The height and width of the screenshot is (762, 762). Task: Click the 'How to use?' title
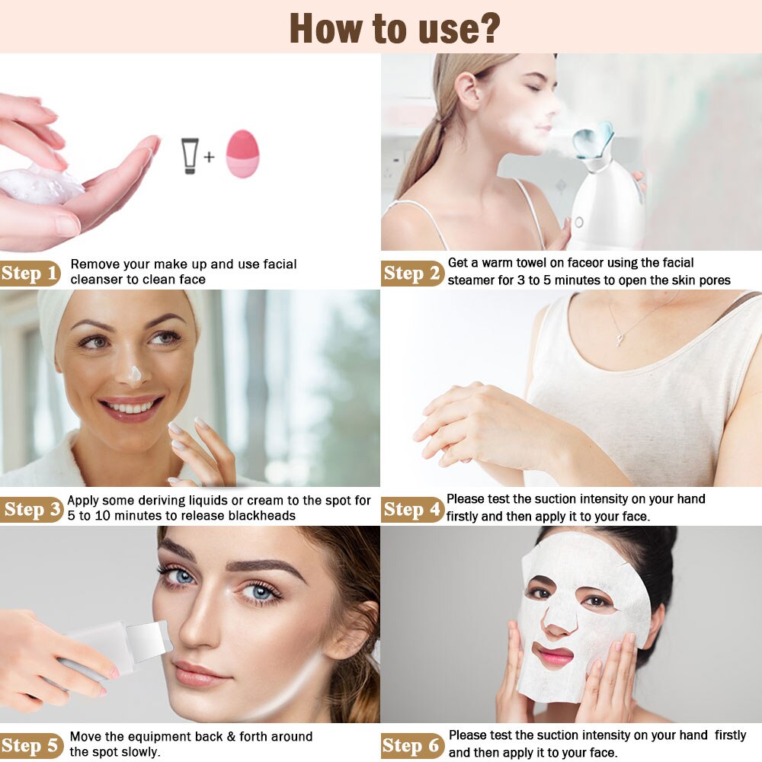[x=394, y=27]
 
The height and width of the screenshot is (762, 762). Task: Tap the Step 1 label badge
[x=30, y=272]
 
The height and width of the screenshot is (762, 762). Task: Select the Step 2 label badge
[x=412, y=272]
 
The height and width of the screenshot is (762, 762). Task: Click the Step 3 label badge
[x=32, y=508]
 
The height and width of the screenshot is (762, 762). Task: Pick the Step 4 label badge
[x=412, y=508]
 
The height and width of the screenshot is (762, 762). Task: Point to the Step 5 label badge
[x=31, y=744]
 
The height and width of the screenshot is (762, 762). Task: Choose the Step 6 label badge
[x=412, y=744]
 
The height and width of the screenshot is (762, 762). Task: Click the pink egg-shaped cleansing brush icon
[x=242, y=153]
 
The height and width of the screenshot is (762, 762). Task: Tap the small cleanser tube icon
[x=190, y=155]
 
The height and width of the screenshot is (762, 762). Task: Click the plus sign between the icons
[x=209, y=158]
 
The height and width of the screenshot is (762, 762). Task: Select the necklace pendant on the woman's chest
[x=620, y=338]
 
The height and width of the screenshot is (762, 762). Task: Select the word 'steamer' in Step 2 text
[x=472, y=280]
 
